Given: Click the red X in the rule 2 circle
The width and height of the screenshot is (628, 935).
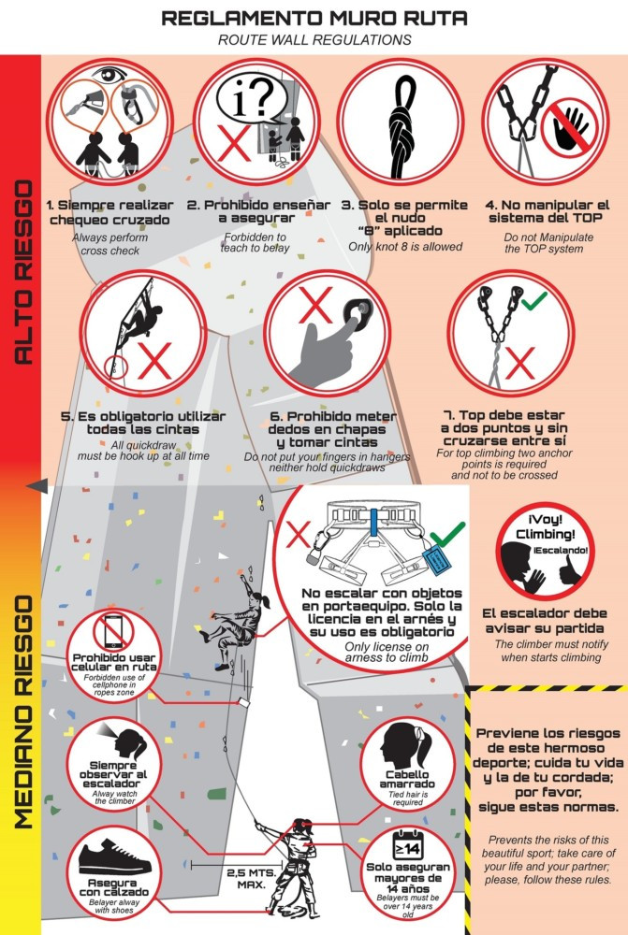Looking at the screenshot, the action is (233, 143).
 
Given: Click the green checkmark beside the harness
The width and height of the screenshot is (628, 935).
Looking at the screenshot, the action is (447, 534).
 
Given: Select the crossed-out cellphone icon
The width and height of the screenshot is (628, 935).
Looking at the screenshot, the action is (113, 632).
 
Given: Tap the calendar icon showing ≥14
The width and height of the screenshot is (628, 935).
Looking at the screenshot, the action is (407, 846).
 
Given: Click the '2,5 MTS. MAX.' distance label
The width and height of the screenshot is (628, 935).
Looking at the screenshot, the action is (252, 879).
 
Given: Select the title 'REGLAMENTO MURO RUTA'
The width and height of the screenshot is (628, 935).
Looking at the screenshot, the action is (314, 18).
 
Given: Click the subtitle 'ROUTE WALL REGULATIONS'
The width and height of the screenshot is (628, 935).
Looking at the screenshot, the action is (314, 40).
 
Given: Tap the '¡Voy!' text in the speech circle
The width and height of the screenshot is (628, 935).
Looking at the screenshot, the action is (545, 520).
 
